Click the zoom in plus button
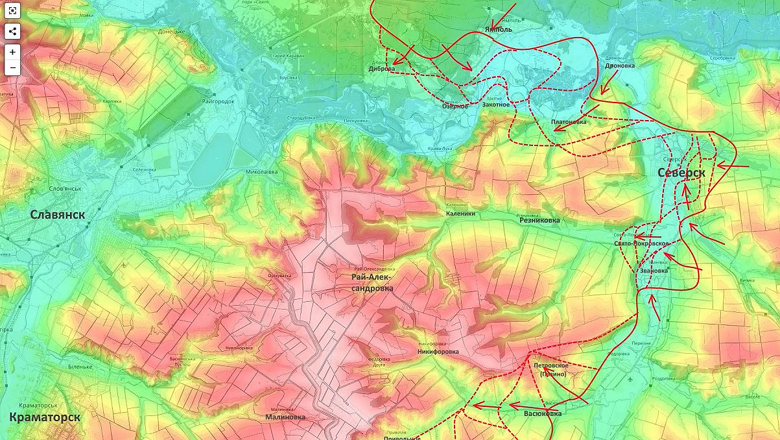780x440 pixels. pyautogui.click(x=13, y=52)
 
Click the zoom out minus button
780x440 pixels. pyautogui.click(x=13, y=67)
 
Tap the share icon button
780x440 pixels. pyautogui.click(x=13, y=31)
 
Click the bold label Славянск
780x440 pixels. pyautogui.click(x=58, y=215)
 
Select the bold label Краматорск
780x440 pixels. pyautogui.click(x=45, y=417)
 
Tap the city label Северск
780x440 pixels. pyautogui.click(x=681, y=173)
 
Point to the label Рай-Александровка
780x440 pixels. pyautogui.click(x=372, y=283)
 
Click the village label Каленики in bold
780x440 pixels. pyautogui.click(x=460, y=214)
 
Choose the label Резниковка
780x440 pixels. pyautogui.click(x=539, y=221)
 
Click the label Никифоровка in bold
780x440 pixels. pyautogui.click(x=438, y=352)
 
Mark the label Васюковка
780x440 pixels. pyautogui.click(x=543, y=413)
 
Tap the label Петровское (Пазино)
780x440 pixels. pyautogui.click(x=551, y=370)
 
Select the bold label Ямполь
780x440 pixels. pyautogui.click(x=498, y=30)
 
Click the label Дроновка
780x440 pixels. pyautogui.click(x=620, y=66)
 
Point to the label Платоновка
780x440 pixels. pyautogui.click(x=568, y=122)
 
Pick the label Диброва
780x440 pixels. pyautogui.click(x=381, y=69)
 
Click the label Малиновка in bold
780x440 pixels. pyautogui.click(x=285, y=417)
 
